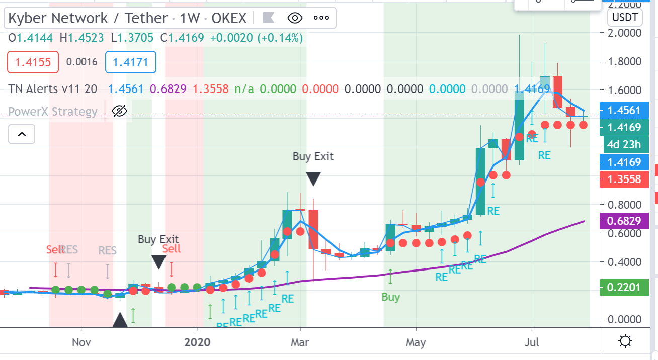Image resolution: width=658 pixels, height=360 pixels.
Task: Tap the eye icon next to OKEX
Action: pyautogui.click(x=295, y=19)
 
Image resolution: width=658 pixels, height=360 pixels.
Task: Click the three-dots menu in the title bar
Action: pyautogui.click(x=321, y=19)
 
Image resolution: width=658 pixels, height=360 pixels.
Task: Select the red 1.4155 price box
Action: pyautogui.click(x=33, y=63)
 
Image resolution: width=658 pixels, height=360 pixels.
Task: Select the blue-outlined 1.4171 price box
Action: pyautogui.click(x=130, y=63)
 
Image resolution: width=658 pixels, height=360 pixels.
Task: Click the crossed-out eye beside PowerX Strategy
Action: pyautogui.click(x=119, y=111)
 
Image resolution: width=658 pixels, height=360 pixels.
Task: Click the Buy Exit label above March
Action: pyautogui.click(x=313, y=156)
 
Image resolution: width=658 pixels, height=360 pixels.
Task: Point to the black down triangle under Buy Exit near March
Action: pyautogui.click(x=313, y=179)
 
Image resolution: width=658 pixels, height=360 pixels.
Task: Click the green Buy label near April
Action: pyautogui.click(x=390, y=297)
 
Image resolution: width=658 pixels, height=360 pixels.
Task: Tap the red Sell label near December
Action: pyautogui.click(x=172, y=248)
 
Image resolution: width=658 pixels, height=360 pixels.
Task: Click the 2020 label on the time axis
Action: pyautogui.click(x=198, y=343)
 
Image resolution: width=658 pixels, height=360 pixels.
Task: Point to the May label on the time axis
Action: pyautogui.click(x=416, y=343)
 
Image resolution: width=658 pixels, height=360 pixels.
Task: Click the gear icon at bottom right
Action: pyautogui.click(x=625, y=342)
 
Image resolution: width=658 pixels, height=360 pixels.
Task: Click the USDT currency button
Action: pyautogui.click(x=625, y=18)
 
